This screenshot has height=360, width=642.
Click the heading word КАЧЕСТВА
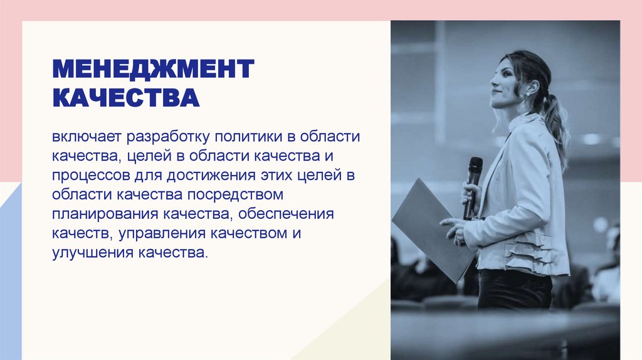[125, 98]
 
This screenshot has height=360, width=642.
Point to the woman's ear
[531, 87]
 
